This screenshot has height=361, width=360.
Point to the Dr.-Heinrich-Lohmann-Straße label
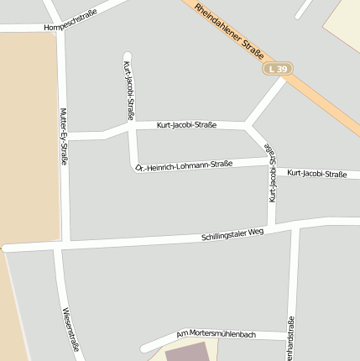[x=185, y=165]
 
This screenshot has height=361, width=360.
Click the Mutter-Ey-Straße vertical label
[x=64, y=137]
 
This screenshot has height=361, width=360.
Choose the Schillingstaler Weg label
[x=232, y=234]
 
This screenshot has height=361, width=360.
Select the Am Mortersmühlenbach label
[x=216, y=334]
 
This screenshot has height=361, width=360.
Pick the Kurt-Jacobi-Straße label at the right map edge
[x=316, y=174]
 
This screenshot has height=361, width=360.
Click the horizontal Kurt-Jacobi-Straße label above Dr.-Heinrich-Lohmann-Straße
[x=186, y=125]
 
